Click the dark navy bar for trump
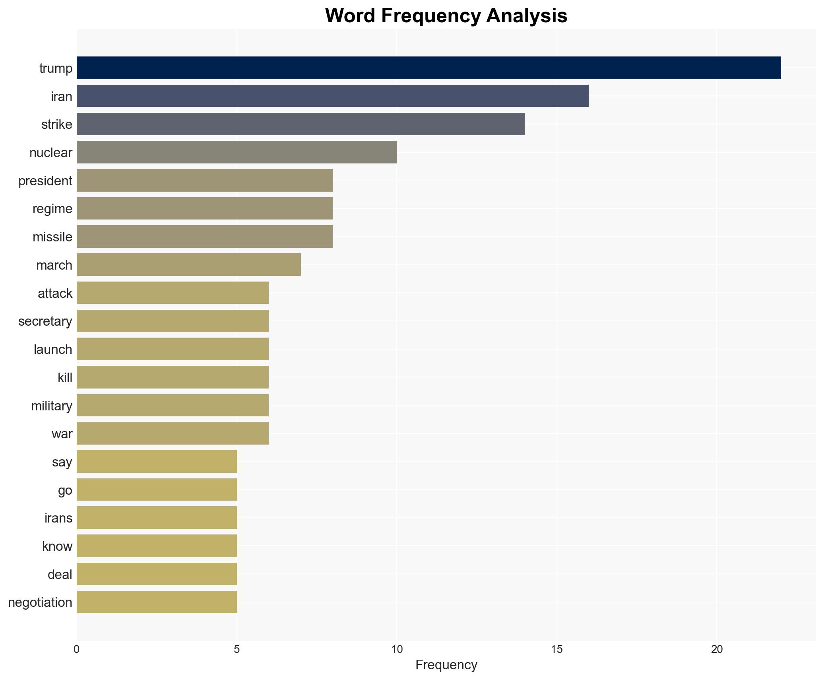pyautogui.click(x=428, y=68)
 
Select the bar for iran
pyautogui.click(x=332, y=96)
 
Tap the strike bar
pyautogui.click(x=301, y=124)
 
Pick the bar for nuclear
pyautogui.click(x=237, y=152)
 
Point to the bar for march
pyautogui.click(x=188, y=265)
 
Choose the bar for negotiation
pyautogui.click(x=157, y=602)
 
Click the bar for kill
pyautogui.click(x=173, y=377)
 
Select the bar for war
pyautogui.click(x=173, y=433)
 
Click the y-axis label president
pyautogui.click(x=45, y=181)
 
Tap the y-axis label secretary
pyautogui.click(x=45, y=321)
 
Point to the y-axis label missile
pyautogui.click(x=52, y=237)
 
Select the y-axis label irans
pyautogui.click(x=58, y=518)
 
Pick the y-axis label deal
pyautogui.click(x=60, y=575)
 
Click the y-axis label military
pyautogui.click(x=52, y=406)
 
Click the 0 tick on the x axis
pyautogui.click(x=76, y=650)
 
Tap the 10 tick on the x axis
pyautogui.click(x=396, y=650)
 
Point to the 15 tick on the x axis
pyautogui.click(x=556, y=650)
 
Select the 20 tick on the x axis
pyautogui.click(x=716, y=650)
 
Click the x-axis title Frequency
pyautogui.click(x=446, y=665)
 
